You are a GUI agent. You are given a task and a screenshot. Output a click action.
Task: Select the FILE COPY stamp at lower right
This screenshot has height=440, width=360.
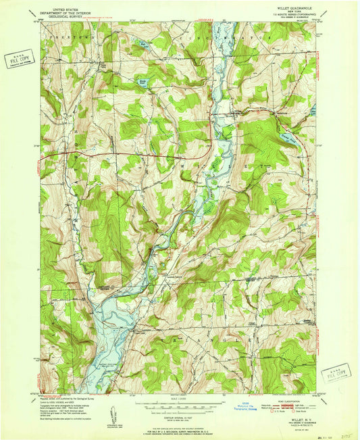(x=336, y=372)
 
